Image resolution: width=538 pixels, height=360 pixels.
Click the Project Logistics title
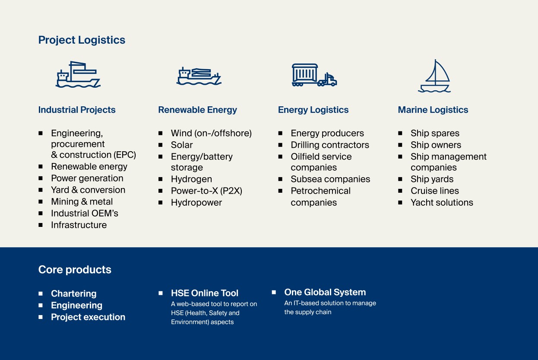point(82,40)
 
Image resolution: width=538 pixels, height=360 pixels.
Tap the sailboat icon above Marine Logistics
point(435,76)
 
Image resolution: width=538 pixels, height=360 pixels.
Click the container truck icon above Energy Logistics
point(314,75)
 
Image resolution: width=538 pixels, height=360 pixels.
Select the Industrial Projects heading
point(77,110)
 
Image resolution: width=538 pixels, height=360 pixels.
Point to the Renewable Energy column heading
point(197,110)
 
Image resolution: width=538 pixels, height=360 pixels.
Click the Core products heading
point(75,269)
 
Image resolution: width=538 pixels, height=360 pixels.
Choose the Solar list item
point(182,145)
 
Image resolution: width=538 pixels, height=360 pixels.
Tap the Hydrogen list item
point(191,179)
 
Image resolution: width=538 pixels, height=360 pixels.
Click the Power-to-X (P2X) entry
point(206,191)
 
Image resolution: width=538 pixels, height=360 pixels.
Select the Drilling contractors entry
point(330,145)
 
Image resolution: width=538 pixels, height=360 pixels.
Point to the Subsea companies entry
point(330,179)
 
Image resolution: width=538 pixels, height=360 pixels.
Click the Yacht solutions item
point(442,203)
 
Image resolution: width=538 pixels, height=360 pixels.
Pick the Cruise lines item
point(435,191)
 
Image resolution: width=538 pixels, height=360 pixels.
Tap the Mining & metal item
point(82,202)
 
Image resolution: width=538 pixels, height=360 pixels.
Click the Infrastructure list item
point(79,225)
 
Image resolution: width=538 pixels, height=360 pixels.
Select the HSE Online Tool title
point(205,293)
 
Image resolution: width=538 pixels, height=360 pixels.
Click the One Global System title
point(325,292)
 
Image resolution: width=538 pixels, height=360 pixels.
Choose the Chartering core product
point(74,294)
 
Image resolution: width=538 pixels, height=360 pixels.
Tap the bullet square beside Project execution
point(41,317)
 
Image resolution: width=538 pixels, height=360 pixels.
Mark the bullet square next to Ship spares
point(400,133)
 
